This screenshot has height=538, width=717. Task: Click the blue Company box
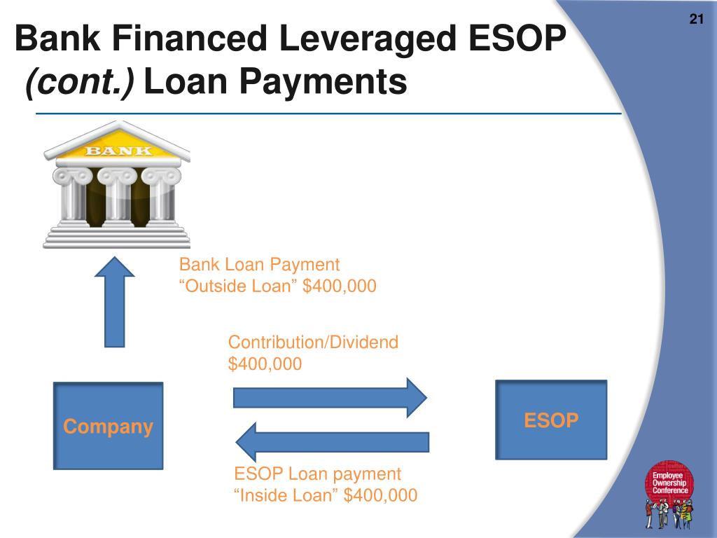point(109,425)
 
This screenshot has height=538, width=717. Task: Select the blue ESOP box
point(551,420)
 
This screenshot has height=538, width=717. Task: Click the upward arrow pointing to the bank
point(114,301)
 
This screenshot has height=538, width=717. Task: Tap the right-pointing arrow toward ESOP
point(329,397)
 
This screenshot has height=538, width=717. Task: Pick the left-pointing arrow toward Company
point(332,442)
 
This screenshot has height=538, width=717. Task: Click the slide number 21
point(696,19)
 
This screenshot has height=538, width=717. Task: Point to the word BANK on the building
point(117,150)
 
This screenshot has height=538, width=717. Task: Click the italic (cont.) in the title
point(81,82)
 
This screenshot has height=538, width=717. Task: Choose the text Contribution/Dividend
point(313,342)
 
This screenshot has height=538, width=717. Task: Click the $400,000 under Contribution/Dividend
point(265,364)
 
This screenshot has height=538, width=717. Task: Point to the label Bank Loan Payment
point(259,265)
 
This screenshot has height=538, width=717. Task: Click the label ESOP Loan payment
point(317,474)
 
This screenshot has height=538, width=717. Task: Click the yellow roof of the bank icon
point(117,140)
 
